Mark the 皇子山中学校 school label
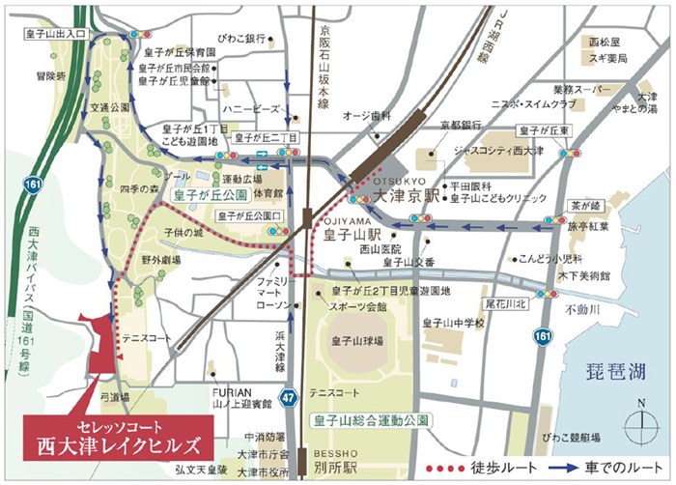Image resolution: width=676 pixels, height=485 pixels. [x=452, y=324]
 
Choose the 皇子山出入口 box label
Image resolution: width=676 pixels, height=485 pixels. [x=57, y=34]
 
